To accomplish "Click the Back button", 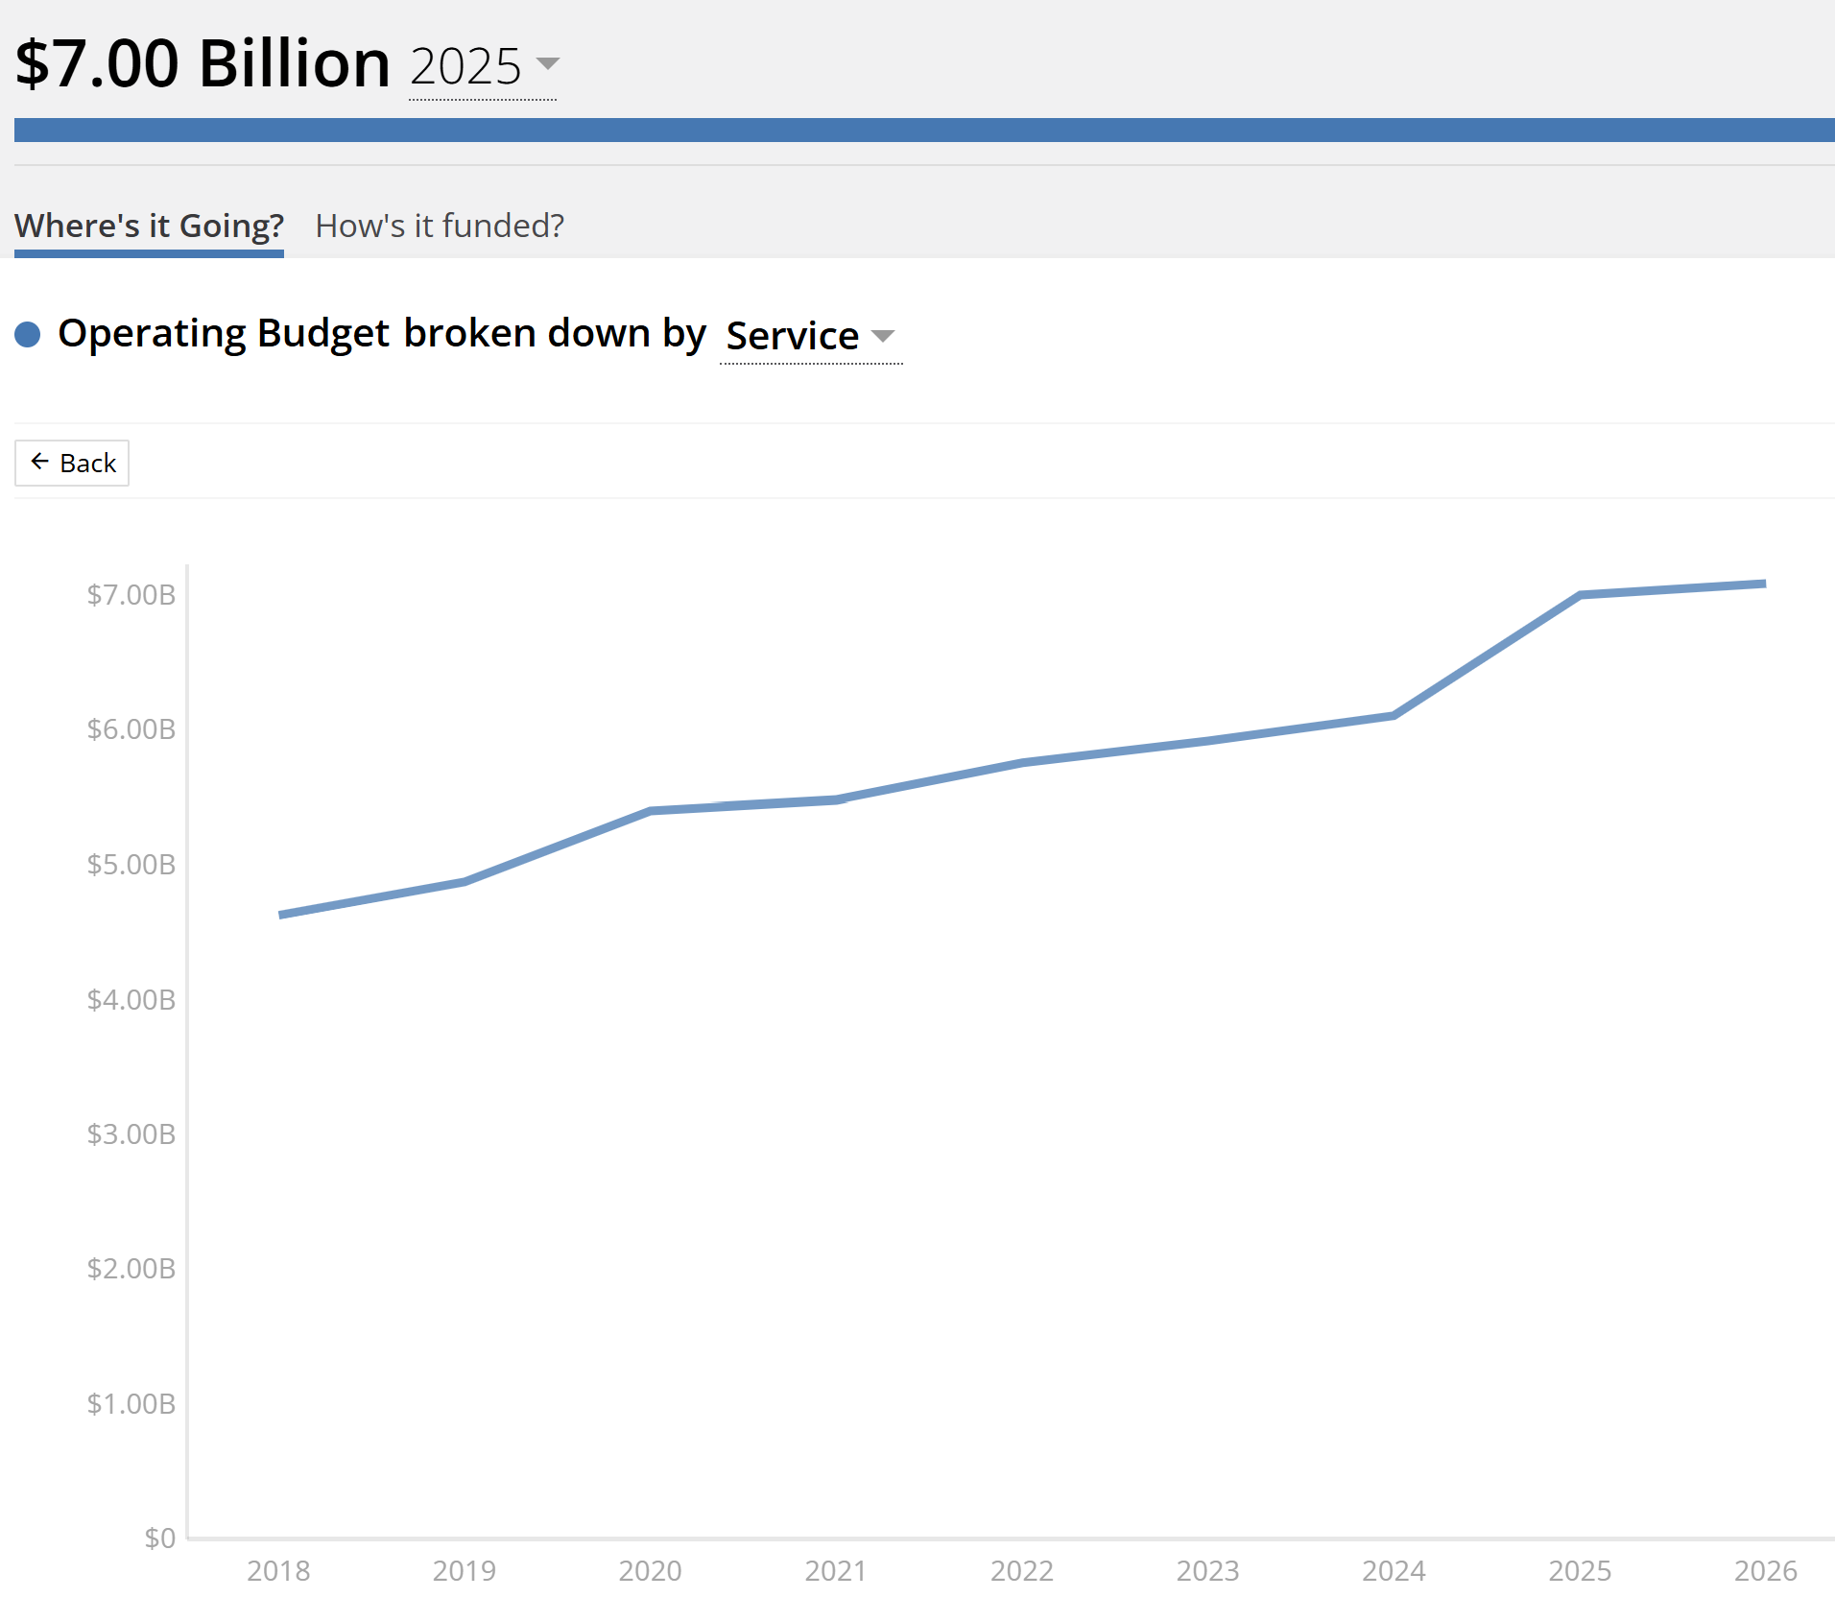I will pyautogui.click(x=73, y=464).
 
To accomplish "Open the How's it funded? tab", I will pyautogui.click(x=440, y=226).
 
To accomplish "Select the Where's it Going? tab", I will pyautogui.click(x=149, y=226).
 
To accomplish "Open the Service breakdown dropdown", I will pyautogui.click(x=810, y=336).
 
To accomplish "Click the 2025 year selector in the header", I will pyautogui.click(x=483, y=66).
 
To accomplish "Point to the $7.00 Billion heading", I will pyautogui.click(x=203, y=64).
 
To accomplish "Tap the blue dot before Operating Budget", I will pyautogui.click(x=28, y=334).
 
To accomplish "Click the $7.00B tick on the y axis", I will pyautogui.click(x=131, y=595).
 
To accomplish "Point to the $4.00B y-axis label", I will pyautogui.click(x=131, y=1000).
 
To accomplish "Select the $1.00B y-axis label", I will pyautogui.click(x=131, y=1404).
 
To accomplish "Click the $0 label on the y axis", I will pyautogui.click(x=159, y=1538).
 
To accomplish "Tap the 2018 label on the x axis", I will pyautogui.click(x=278, y=1571).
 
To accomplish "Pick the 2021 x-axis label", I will pyautogui.click(x=836, y=1571).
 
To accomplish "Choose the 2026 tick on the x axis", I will pyautogui.click(x=1765, y=1571).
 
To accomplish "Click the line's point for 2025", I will pyautogui.click(x=1580, y=595).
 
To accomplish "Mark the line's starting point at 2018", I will pyautogui.click(x=280, y=915).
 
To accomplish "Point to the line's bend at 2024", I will pyautogui.click(x=1394, y=715).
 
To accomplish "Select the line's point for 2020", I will pyautogui.click(x=651, y=811).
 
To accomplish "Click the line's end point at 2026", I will pyautogui.click(x=1764, y=584).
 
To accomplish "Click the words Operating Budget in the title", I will pyautogui.click(x=224, y=334).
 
